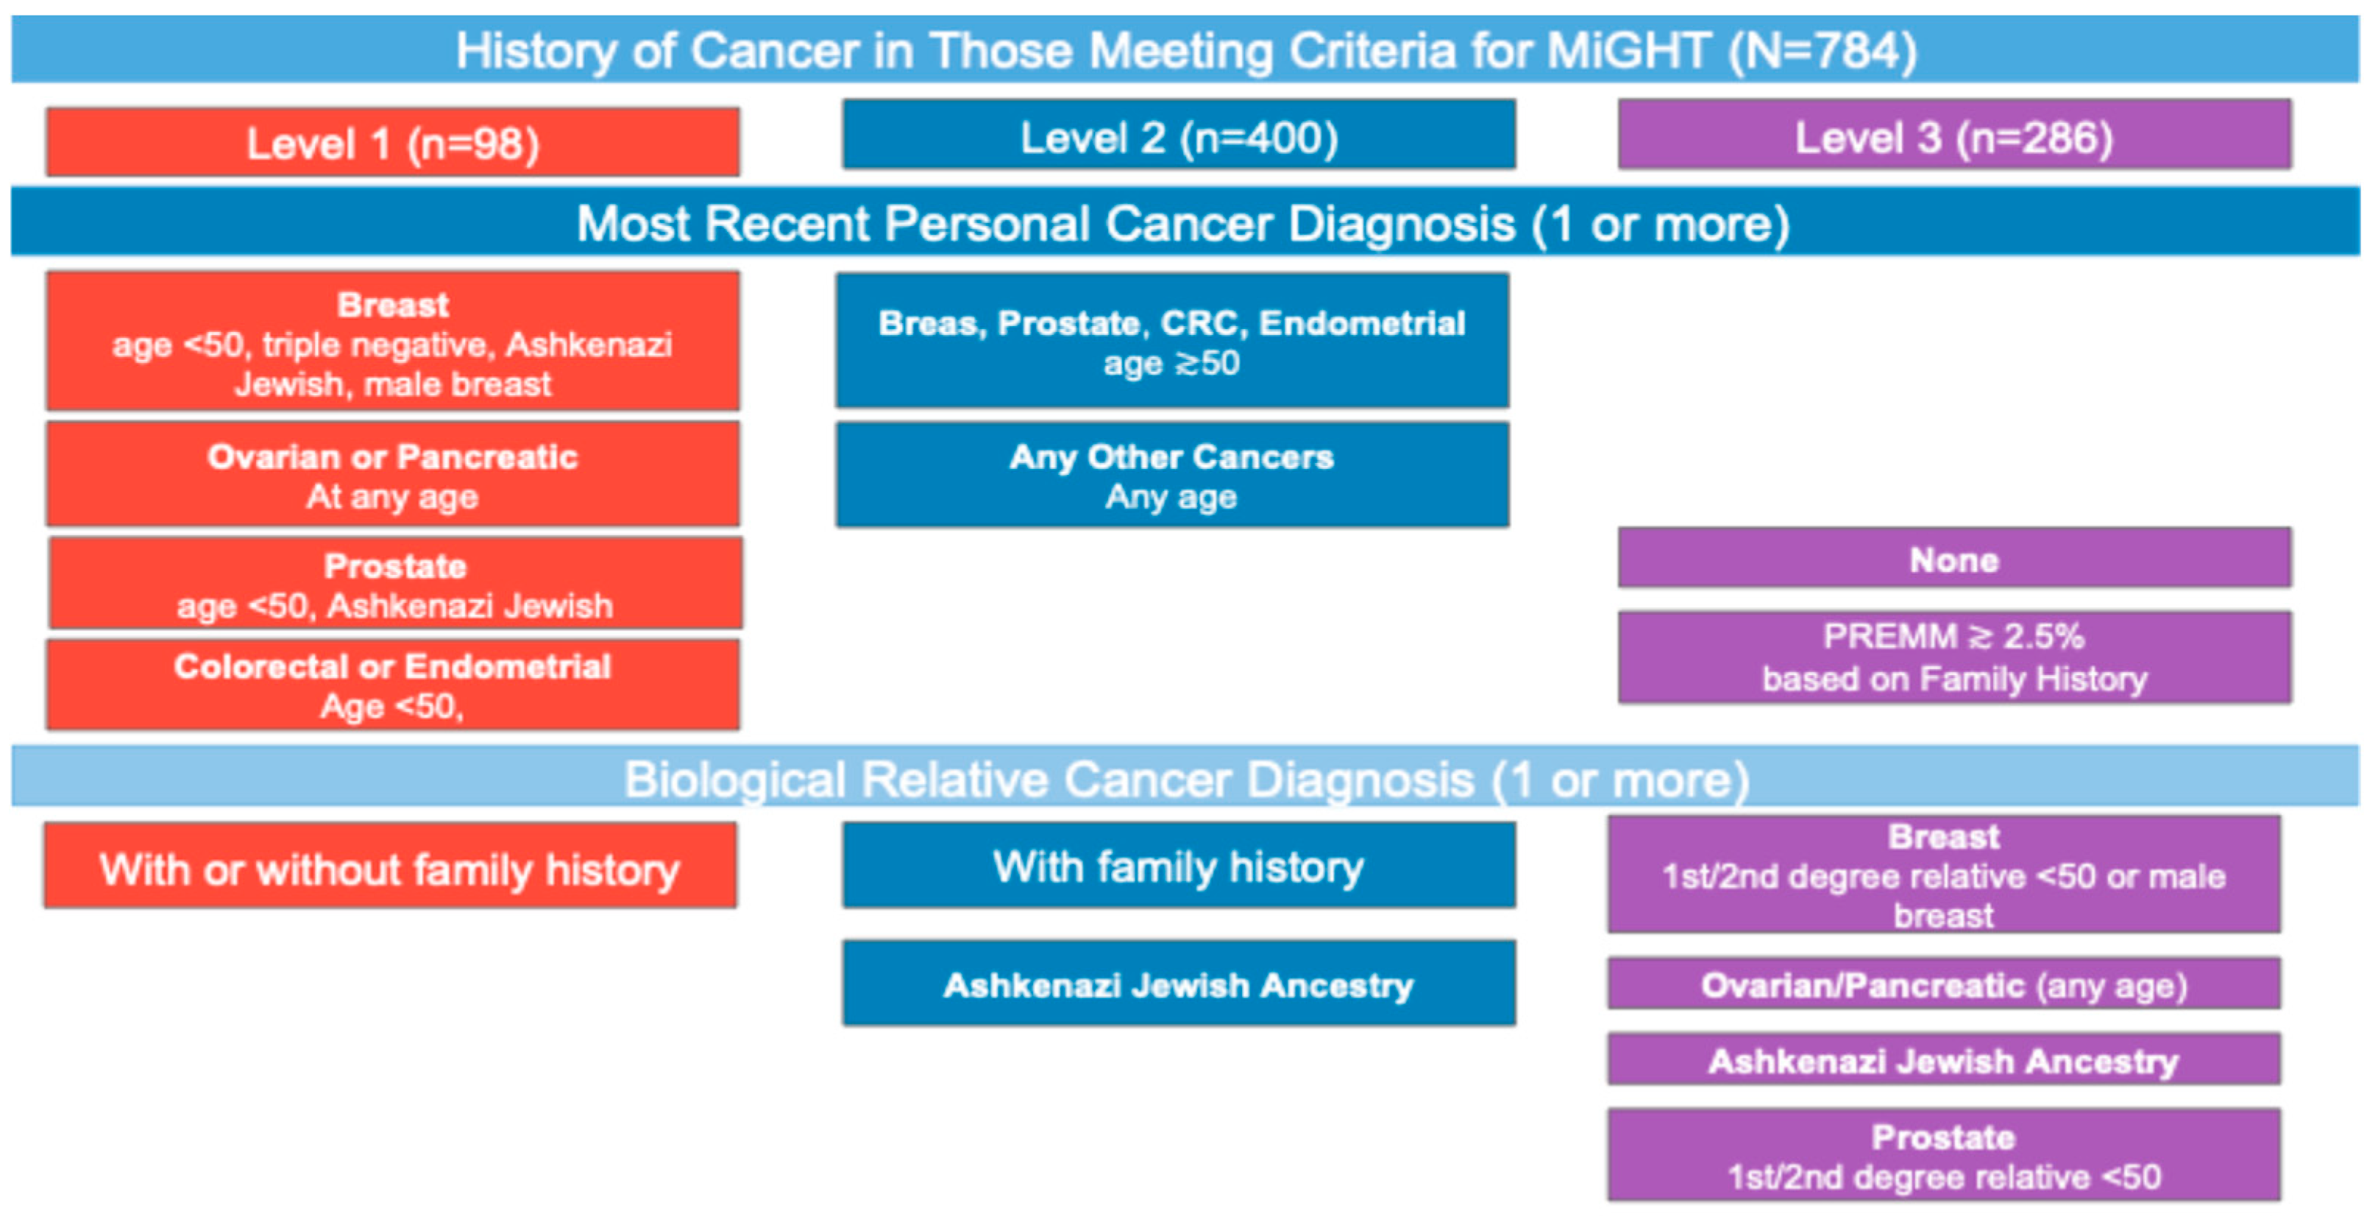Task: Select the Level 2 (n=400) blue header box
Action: pos(1179,134)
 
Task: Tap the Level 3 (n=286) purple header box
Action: pos(1954,134)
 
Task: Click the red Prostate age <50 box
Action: pos(395,584)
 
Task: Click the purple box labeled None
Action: pos(1954,557)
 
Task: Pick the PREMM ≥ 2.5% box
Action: pos(1954,657)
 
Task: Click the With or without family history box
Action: pos(390,866)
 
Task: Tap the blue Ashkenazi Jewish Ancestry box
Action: pos(1179,983)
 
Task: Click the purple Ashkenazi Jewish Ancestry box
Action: pos(1943,1059)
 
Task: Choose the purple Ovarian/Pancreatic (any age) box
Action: pos(1943,983)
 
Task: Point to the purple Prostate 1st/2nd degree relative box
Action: pos(1943,1155)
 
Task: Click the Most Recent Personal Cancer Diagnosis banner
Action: pos(1185,222)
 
